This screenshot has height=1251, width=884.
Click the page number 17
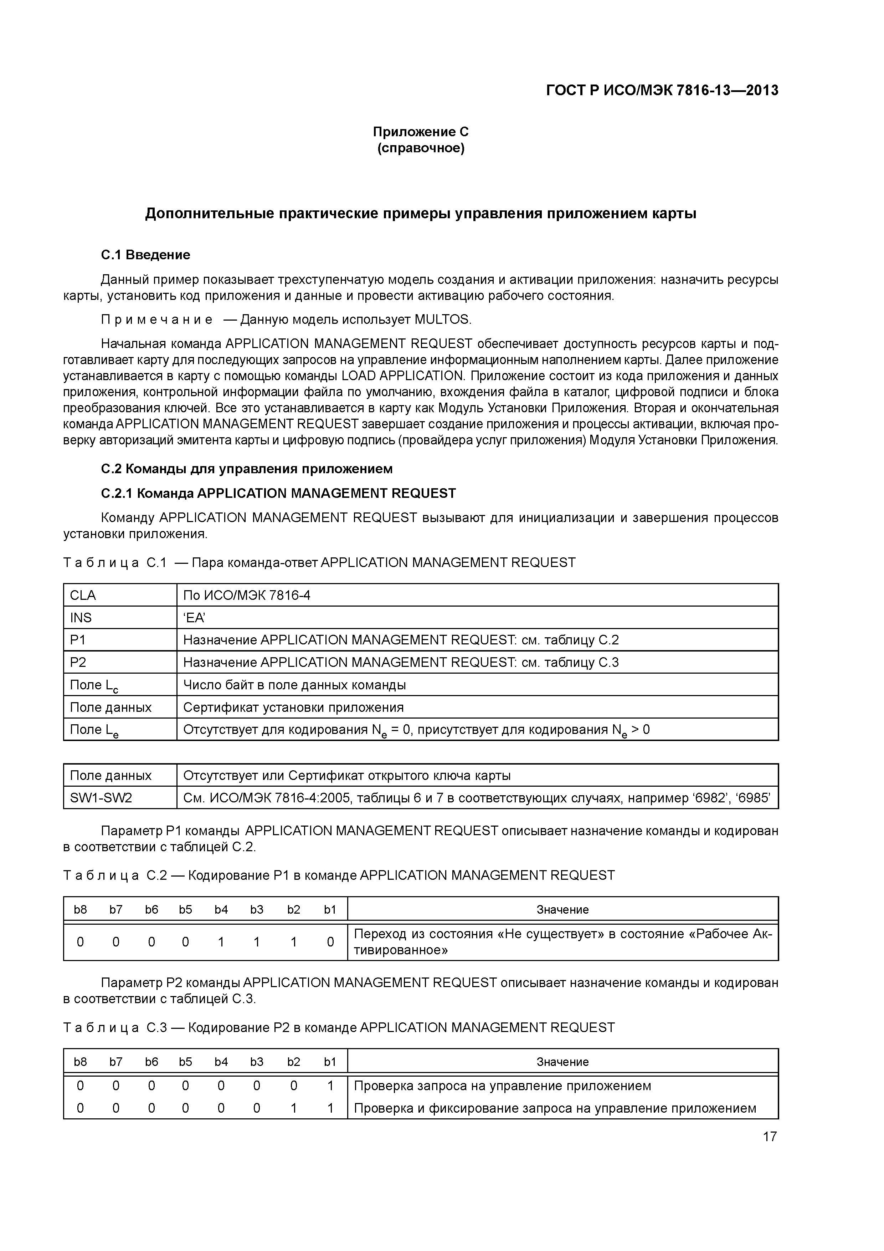769,1136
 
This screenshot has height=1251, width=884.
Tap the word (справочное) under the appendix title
421,148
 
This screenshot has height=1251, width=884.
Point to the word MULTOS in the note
442,320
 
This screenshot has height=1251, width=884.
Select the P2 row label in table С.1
78,663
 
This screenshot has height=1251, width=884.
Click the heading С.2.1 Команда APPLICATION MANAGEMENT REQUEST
278,494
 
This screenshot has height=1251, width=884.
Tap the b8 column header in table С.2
80,909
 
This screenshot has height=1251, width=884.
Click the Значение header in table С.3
562,1061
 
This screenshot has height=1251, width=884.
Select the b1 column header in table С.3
329,1061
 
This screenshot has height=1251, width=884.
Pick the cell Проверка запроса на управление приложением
502,1086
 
